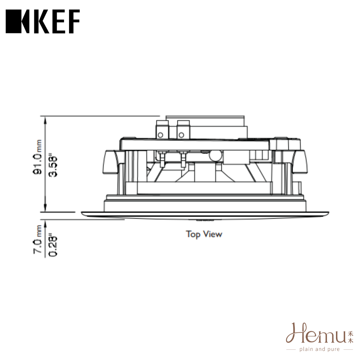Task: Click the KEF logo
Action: pyautogui.click(x=43, y=21)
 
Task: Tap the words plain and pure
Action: pyautogui.click(x=320, y=349)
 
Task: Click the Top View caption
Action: pyautogui.click(x=204, y=234)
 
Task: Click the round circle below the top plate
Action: pyautogui.click(x=215, y=155)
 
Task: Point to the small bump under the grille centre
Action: pyautogui.click(x=204, y=220)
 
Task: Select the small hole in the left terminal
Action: pyautogui.click(x=160, y=135)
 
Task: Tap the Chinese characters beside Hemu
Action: pyautogui.click(x=350, y=337)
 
